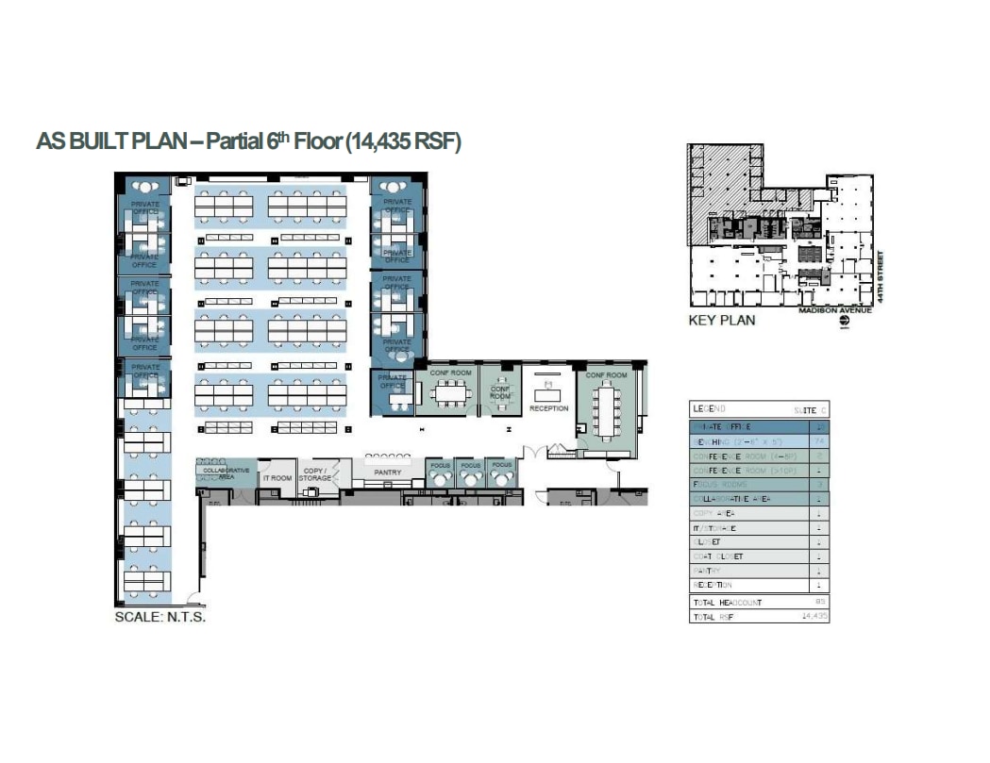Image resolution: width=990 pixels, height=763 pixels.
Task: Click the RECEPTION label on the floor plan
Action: [x=549, y=408]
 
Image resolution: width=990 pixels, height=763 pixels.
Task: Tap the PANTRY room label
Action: [x=387, y=473]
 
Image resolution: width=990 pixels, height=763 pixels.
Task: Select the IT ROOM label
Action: [x=277, y=478]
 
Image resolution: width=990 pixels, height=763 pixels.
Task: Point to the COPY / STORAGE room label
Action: [x=314, y=474]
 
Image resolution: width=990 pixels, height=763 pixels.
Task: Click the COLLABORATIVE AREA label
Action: [x=227, y=473]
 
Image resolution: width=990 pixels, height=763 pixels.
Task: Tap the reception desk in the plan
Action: [x=548, y=389]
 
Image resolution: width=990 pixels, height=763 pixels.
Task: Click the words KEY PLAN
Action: [x=721, y=321]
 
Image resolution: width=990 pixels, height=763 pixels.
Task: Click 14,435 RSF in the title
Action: [x=403, y=142]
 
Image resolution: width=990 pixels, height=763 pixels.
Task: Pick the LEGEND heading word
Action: [x=710, y=409]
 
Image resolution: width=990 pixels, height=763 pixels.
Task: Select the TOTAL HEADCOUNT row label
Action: [x=727, y=602]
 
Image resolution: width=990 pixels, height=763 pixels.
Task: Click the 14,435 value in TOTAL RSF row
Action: [x=814, y=615]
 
